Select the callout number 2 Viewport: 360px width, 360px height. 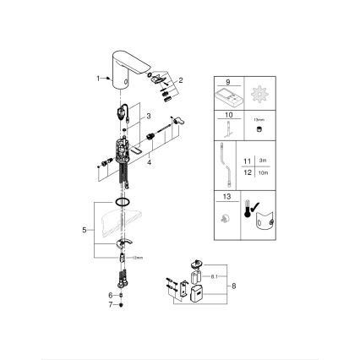pyautogui.click(x=179, y=80)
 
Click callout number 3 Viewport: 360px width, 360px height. pyautogui.click(x=148, y=115)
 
